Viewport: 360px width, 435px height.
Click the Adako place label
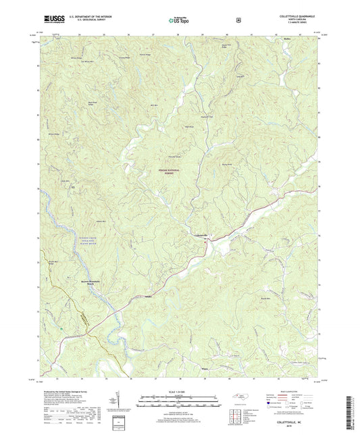(x=148, y=297)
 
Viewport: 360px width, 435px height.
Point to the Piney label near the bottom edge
(x=205, y=369)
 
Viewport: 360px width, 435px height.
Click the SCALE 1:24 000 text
(x=180, y=391)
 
